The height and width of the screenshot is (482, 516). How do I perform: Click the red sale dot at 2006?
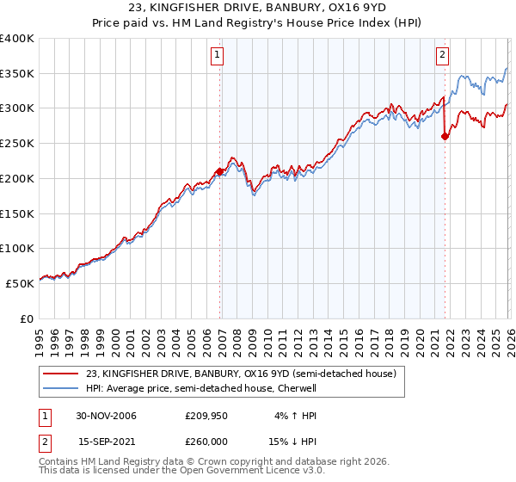220,171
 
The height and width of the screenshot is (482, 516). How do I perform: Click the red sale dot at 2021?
445,136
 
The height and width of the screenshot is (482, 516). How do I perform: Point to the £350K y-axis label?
17,74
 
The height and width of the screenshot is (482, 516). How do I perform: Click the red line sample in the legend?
60,374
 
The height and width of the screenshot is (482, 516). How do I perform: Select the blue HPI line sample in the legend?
60,389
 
